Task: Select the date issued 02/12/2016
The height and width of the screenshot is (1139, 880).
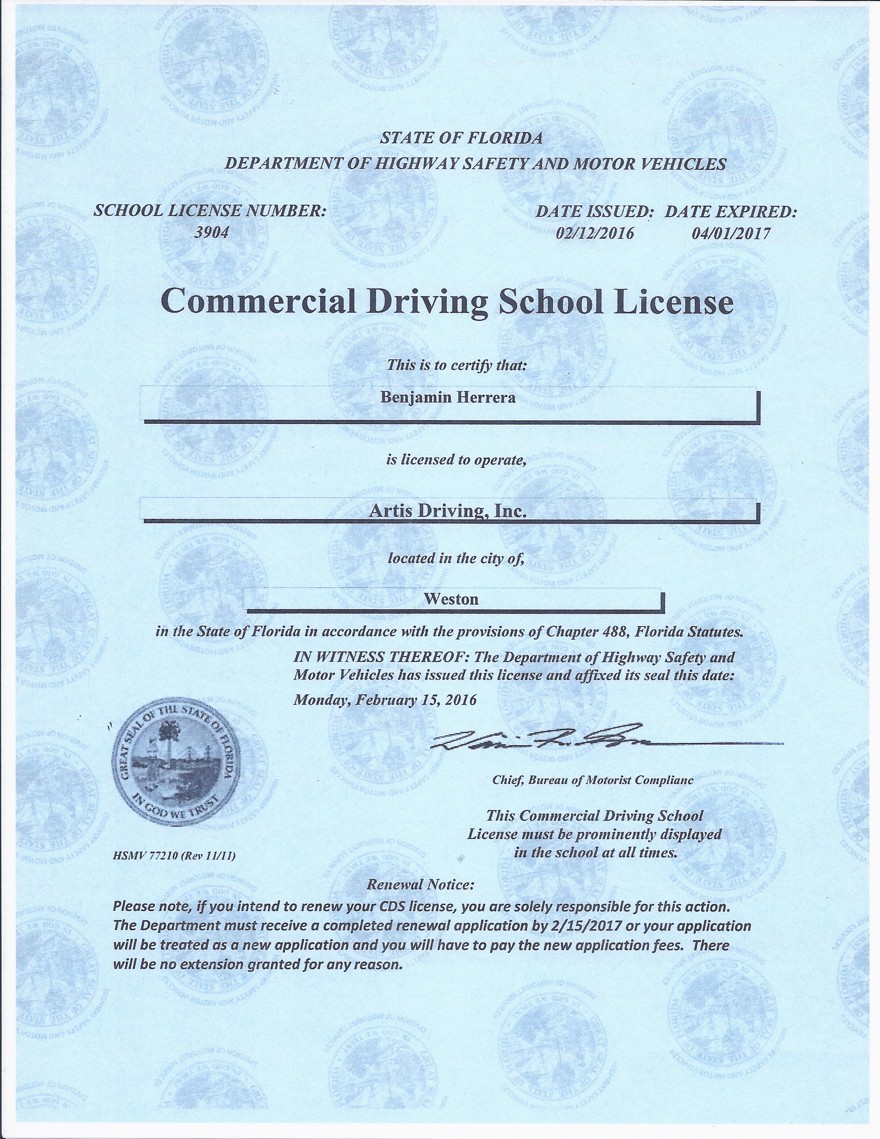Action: (x=595, y=233)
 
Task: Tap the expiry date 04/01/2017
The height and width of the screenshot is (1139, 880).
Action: (x=730, y=233)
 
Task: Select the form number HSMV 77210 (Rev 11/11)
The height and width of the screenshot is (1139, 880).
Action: (x=176, y=856)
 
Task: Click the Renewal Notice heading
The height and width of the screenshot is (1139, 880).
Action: (x=421, y=885)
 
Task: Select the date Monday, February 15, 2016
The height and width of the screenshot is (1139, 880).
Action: (x=385, y=699)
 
